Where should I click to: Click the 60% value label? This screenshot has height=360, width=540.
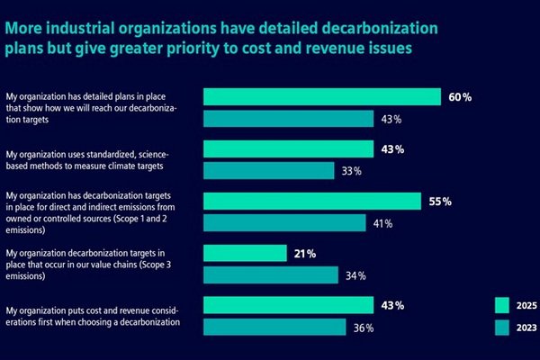[460, 97]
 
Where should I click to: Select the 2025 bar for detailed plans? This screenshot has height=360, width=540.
[322, 97]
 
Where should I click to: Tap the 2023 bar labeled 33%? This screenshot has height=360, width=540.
[268, 171]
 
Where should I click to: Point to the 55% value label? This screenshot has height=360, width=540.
[440, 202]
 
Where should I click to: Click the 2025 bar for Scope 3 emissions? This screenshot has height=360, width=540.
[245, 253]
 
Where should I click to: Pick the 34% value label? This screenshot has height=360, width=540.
[355, 275]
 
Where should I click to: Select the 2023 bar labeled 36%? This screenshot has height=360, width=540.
[274, 327]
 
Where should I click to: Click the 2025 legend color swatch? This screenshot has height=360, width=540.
[502, 305]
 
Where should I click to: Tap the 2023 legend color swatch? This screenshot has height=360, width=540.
[502, 328]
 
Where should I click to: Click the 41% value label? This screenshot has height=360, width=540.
[383, 224]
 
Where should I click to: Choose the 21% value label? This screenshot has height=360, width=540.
[305, 254]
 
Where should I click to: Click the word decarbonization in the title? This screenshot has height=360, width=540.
[380, 28]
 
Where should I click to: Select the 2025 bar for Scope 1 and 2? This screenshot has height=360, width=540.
[312, 202]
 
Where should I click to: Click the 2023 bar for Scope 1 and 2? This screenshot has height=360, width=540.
[284, 223]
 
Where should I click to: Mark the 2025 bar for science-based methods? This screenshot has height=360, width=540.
[288, 148]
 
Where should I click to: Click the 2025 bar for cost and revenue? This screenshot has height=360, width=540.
[288, 305]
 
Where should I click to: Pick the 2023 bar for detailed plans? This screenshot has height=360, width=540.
[288, 119]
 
